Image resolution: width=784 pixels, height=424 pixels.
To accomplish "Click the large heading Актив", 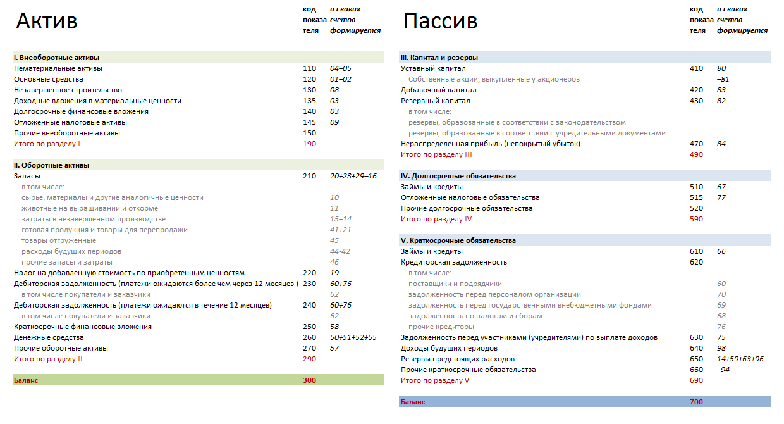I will (x=47, y=21).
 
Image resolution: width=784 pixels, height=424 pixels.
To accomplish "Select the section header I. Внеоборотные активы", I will (x=57, y=58).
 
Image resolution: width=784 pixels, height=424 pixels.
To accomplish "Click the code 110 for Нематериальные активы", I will (x=309, y=68).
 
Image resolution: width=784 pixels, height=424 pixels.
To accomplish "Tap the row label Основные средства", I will (x=49, y=79).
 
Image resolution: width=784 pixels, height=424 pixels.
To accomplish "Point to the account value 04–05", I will (x=340, y=68).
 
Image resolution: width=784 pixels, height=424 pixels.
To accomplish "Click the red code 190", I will (x=309, y=144).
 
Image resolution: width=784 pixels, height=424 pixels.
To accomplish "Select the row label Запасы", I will (x=27, y=176).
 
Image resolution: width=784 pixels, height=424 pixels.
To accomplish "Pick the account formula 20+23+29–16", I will (x=353, y=176).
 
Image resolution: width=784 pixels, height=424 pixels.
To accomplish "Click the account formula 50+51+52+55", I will (x=353, y=337).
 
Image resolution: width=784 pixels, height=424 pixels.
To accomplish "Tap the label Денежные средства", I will (x=49, y=337).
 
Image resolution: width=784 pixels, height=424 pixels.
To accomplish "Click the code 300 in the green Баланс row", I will (x=309, y=380).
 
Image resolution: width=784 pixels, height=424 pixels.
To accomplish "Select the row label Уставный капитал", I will (x=433, y=68).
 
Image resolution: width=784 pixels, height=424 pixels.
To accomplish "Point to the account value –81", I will (x=723, y=79).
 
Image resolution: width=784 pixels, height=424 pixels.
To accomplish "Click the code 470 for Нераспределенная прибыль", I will (x=696, y=144).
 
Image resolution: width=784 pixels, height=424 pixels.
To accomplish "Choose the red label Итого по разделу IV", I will (x=436, y=219).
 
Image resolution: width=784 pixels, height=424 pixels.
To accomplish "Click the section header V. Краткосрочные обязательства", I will (x=458, y=240).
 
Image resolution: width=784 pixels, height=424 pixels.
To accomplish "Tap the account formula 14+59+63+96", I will (x=740, y=359).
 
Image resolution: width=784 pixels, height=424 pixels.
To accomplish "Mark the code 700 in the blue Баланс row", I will (x=696, y=402).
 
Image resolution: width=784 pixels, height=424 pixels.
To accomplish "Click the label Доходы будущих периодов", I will (x=449, y=348).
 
